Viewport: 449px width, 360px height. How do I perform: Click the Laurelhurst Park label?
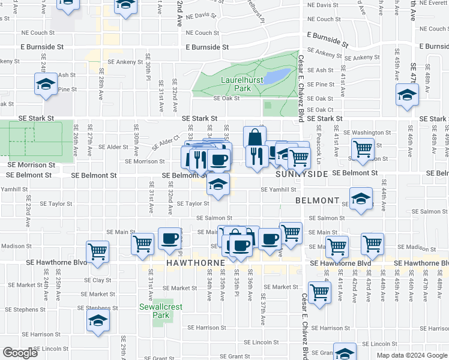coord(234,83)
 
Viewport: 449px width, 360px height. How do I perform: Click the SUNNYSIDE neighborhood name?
coord(302,174)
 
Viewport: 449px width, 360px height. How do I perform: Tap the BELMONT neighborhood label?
coord(318,200)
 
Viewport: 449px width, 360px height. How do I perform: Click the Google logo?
coord(20,353)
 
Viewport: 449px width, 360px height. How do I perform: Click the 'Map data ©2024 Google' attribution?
coord(412,355)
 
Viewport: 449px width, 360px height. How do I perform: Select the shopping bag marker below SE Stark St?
coord(255,137)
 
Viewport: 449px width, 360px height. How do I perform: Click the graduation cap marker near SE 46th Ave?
coord(407,95)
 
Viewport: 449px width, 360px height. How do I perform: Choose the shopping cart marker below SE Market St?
coord(320,292)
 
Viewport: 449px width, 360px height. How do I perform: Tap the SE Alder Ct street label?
coord(166,142)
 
